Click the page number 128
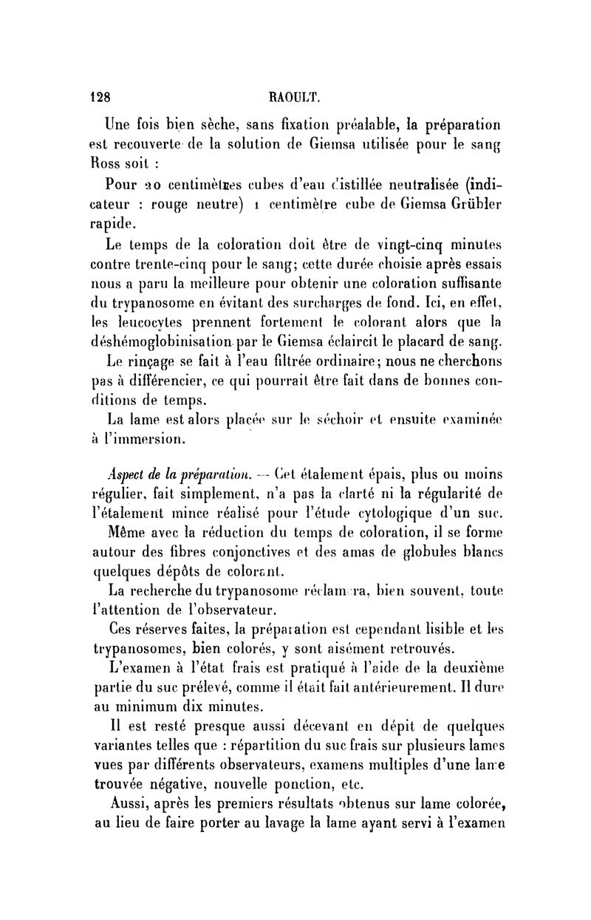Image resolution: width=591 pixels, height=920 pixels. point(100,96)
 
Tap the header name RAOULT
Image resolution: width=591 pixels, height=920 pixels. point(295,96)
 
